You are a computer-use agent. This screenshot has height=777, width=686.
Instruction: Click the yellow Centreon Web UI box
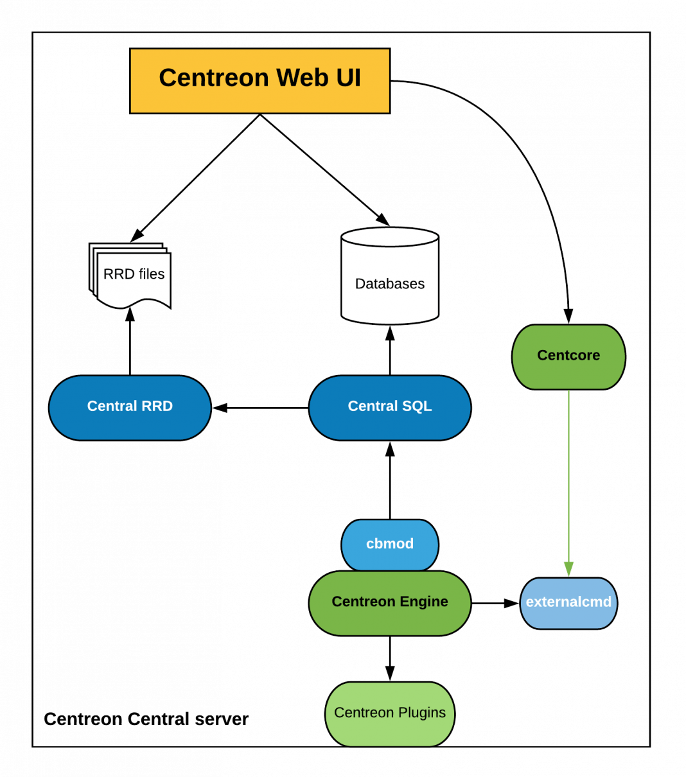[x=259, y=81]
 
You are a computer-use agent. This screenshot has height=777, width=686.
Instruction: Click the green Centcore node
[x=568, y=356]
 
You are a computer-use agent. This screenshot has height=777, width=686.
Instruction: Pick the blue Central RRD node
[x=130, y=407]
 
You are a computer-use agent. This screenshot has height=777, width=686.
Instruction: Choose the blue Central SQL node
[x=390, y=407]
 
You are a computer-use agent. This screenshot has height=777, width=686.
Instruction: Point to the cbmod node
[x=390, y=544]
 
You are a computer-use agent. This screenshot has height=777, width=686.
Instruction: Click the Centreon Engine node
[x=390, y=602]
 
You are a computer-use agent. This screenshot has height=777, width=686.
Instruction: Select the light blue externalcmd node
[x=568, y=603]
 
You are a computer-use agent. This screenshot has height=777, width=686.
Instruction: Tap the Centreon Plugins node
[x=390, y=713]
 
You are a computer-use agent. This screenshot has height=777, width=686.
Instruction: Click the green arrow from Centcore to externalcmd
[x=568, y=482]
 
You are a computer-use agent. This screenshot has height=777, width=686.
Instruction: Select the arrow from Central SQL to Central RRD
[x=260, y=408]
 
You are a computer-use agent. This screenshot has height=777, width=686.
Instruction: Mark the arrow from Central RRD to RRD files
[x=130, y=344]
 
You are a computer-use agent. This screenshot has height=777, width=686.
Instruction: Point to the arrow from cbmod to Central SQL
[x=390, y=482]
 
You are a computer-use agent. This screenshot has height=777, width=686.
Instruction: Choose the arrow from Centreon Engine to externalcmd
[x=495, y=603]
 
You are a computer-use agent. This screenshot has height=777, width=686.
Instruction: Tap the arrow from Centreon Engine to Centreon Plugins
[x=390, y=658]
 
